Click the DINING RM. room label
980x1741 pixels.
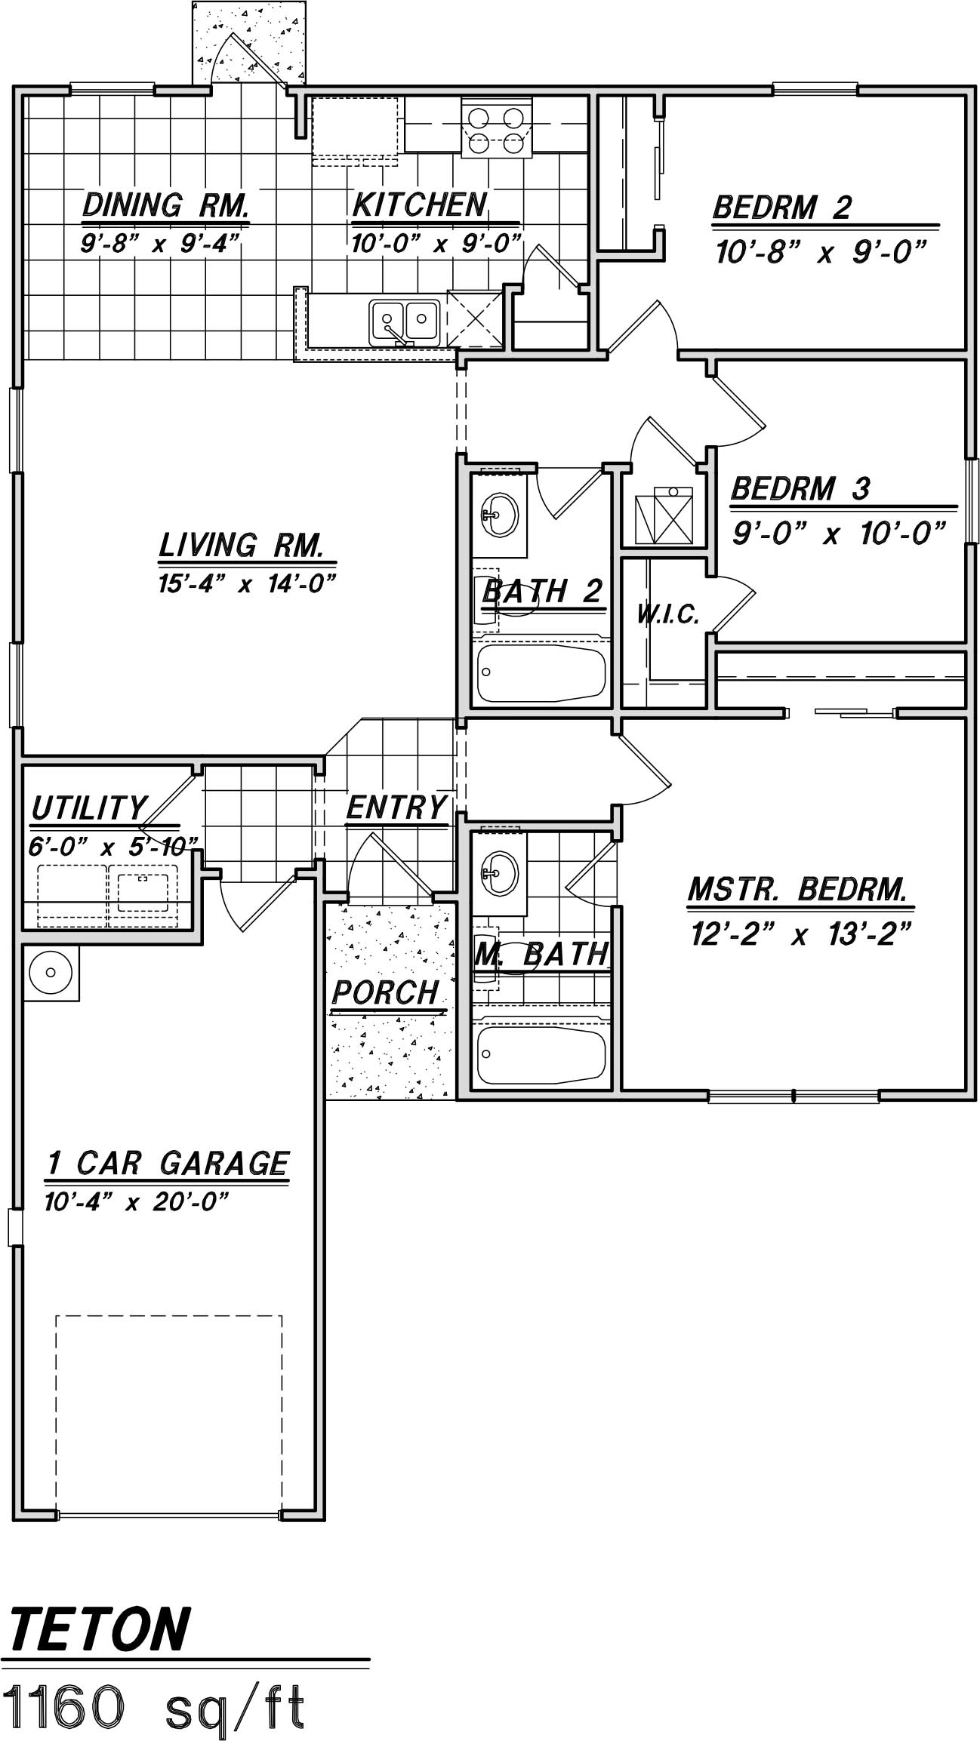(165, 205)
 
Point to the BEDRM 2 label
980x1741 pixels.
(781, 208)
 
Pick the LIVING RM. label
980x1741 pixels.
(242, 545)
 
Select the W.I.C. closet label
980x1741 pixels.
(667, 616)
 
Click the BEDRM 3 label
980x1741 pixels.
(800, 489)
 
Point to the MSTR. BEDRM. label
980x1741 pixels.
(797, 890)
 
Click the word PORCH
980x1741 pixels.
(385, 992)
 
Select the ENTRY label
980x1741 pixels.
(396, 807)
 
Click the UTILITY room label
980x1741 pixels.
(88, 808)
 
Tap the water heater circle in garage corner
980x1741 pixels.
(51, 972)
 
